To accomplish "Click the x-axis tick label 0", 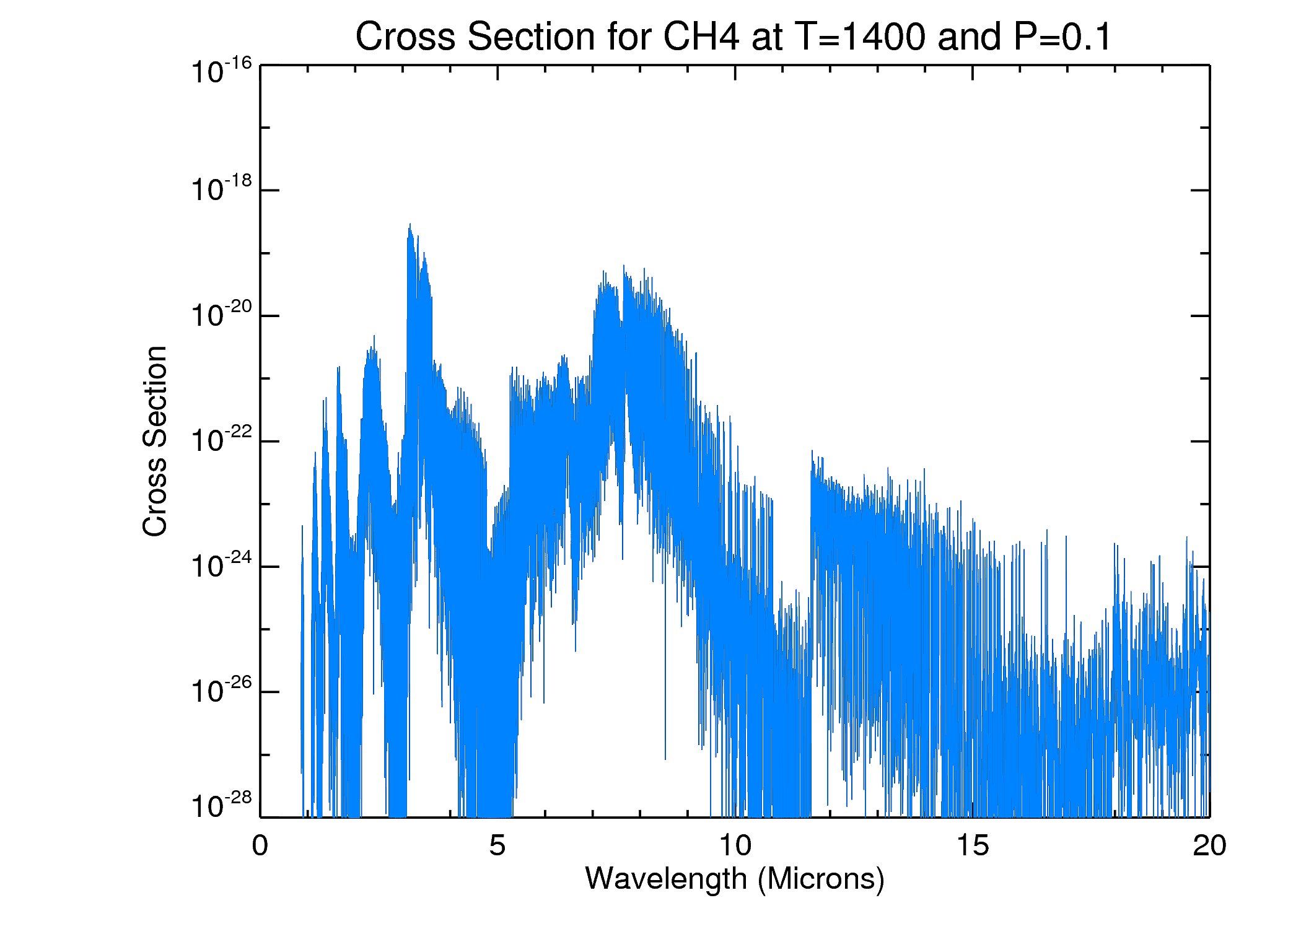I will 260,846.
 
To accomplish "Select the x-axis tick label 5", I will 497,846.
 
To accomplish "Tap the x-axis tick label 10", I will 735,846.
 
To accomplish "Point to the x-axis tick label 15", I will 973,846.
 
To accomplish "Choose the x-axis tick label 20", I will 1209,846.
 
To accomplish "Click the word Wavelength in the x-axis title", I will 666,879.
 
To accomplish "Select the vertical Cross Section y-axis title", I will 155,441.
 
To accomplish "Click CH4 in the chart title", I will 701,37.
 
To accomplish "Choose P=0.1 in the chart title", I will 1063,37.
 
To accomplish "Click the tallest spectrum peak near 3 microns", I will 410,225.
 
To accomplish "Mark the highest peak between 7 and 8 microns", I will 624,266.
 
